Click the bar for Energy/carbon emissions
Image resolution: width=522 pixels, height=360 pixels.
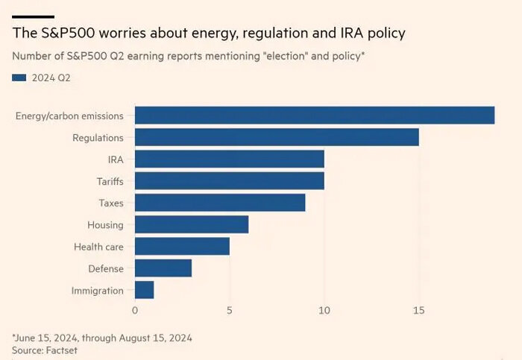(x=314, y=115)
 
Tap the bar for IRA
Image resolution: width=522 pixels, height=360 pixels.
(x=229, y=159)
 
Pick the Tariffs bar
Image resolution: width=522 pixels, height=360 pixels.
(x=229, y=180)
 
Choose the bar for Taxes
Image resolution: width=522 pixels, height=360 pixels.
(x=219, y=202)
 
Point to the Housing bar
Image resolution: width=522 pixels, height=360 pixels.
(x=191, y=224)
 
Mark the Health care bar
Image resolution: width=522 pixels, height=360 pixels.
(x=182, y=246)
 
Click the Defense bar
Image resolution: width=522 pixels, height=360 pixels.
(x=163, y=268)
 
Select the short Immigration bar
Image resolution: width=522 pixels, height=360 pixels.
(x=144, y=290)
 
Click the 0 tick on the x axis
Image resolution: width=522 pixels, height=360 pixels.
(x=135, y=309)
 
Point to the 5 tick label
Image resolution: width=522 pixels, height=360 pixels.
(x=230, y=309)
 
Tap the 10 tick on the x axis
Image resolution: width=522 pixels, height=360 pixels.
(x=324, y=309)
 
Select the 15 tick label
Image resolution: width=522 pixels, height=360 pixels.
(x=418, y=309)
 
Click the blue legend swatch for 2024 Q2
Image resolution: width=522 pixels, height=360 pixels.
(x=19, y=77)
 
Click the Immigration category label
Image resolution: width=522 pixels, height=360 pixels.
(x=98, y=290)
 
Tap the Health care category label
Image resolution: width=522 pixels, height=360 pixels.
(x=99, y=246)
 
